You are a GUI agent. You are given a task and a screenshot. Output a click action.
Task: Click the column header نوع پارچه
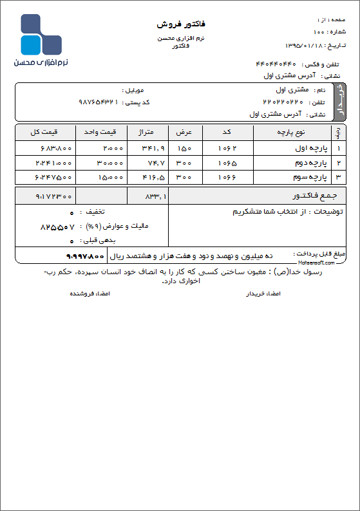coord(291,132)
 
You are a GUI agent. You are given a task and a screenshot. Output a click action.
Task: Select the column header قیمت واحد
coord(102,132)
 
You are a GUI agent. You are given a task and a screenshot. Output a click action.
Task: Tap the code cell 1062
coord(227,148)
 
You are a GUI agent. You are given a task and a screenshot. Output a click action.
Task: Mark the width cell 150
coord(184,148)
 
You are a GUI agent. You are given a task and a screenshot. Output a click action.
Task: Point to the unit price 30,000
coord(109,162)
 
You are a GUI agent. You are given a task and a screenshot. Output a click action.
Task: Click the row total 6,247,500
coord(54,176)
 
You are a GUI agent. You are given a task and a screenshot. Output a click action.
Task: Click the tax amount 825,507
coord(57,227)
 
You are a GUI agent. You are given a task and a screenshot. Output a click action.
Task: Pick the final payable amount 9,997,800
coord(84,256)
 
